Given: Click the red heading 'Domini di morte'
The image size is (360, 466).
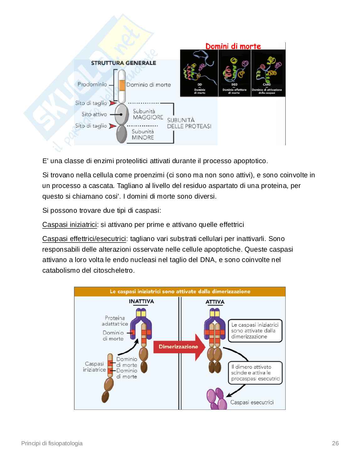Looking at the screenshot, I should pos(233,46).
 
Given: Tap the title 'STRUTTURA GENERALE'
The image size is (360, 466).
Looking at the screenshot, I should pos(124,63).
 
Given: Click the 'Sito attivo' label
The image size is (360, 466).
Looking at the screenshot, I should pos(94,115).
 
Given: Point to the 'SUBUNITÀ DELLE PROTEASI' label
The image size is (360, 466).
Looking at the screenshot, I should pos(189,123).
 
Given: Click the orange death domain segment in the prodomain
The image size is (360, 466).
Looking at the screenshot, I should pos(122,85).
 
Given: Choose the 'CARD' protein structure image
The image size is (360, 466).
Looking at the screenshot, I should pos(267,71).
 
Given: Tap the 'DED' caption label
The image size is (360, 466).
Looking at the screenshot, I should pos(234,84).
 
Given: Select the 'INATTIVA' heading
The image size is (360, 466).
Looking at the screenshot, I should pos(141,301).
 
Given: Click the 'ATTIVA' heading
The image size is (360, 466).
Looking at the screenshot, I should pos(215,302).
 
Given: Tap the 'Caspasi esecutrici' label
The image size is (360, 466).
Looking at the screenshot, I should pos(252,402).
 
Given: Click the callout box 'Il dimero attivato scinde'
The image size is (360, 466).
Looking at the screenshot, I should pos(255,373).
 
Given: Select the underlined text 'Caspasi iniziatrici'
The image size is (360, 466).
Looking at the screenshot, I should pos(69,225).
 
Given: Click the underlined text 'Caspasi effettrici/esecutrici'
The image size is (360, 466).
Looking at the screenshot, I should pos(84,239).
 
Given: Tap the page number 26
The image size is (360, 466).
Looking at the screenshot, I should pos(335,443).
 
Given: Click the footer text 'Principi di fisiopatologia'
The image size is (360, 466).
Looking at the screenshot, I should pos(52,443).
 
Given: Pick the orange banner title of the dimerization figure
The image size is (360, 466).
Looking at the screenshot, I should pos(180,292).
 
